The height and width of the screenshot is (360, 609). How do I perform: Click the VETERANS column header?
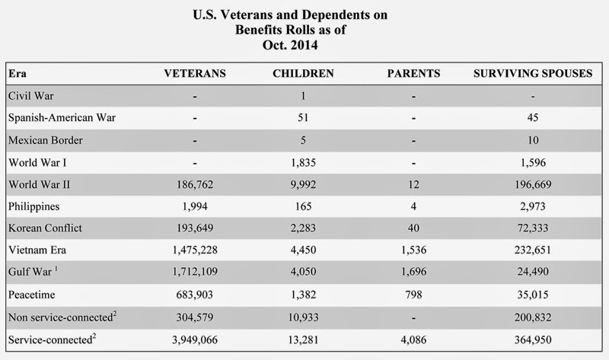pos(195,73)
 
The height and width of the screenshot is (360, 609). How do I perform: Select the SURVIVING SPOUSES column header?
pos(533,73)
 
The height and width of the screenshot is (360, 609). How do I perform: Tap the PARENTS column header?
pos(413,73)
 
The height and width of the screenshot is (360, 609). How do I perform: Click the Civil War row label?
pos(31,96)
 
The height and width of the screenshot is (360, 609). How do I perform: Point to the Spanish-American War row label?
pos(62,118)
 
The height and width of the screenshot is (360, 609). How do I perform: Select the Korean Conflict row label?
pos(45,228)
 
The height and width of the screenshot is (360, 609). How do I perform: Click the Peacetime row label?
pos(31,295)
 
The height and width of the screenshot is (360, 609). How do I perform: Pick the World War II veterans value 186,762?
pos(195,184)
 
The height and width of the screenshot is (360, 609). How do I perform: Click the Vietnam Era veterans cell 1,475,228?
pos(195,250)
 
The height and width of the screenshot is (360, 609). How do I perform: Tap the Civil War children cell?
pos(303,96)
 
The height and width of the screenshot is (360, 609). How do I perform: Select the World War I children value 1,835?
pos(303,162)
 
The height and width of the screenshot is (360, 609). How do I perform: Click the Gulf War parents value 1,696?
pos(413,272)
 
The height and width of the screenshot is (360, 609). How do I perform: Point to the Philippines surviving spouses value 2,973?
pos(533,206)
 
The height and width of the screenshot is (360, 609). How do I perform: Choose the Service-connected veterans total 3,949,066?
pos(195,339)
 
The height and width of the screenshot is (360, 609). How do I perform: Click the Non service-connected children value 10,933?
pos(303,317)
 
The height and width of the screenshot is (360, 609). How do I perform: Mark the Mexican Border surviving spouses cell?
pos(533,140)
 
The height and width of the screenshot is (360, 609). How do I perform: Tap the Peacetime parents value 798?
pos(413,295)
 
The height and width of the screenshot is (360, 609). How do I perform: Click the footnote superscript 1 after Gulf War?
pos(56,268)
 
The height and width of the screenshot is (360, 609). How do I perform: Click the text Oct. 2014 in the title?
pos(290,45)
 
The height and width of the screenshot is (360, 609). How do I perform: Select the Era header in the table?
pos(18,73)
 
